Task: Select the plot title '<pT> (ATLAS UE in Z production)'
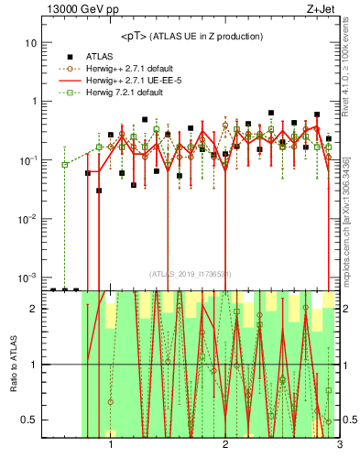click(x=191, y=37)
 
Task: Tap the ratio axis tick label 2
click(x=33, y=309)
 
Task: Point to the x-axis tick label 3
click(x=338, y=450)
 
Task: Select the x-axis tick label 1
click(x=111, y=450)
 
